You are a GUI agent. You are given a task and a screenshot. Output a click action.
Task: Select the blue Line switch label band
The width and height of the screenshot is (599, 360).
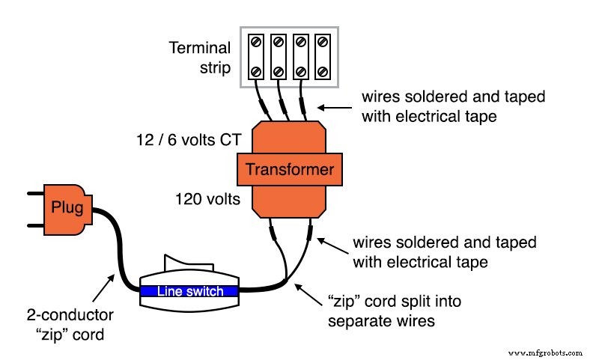tap(189, 291)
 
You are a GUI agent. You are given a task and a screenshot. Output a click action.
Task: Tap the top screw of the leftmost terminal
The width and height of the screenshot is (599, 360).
tap(256, 42)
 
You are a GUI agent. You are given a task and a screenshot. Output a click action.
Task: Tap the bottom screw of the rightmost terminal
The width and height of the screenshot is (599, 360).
tap(321, 71)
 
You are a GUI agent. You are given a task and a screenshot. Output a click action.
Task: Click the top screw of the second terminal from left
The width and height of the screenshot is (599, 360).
tap(278, 42)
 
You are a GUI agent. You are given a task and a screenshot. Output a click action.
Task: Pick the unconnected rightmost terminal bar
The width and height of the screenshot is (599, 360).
tap(321, 56)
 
